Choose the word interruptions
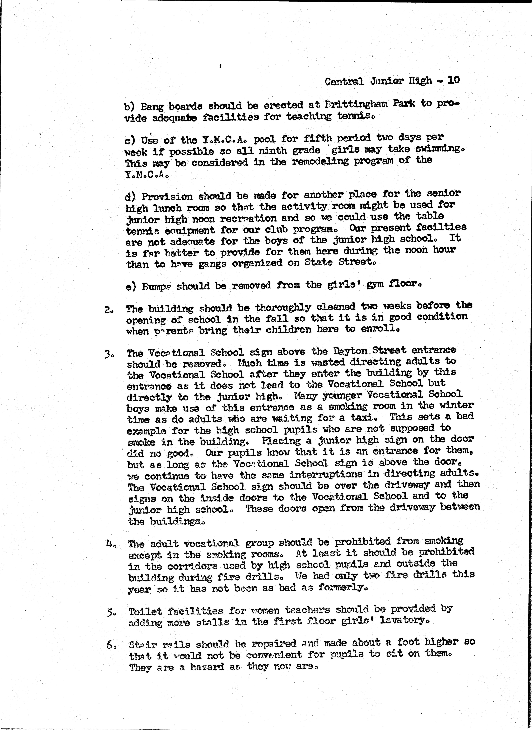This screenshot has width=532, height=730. pos(326,475)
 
